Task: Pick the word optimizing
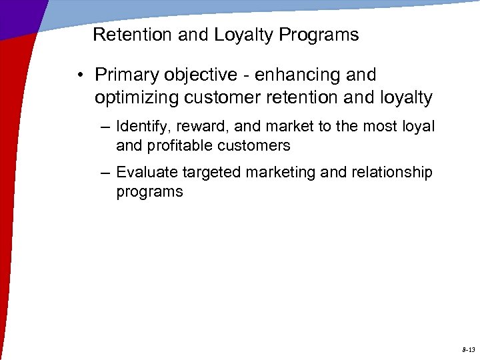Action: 137,98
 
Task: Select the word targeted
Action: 210,173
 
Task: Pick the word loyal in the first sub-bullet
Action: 419,127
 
